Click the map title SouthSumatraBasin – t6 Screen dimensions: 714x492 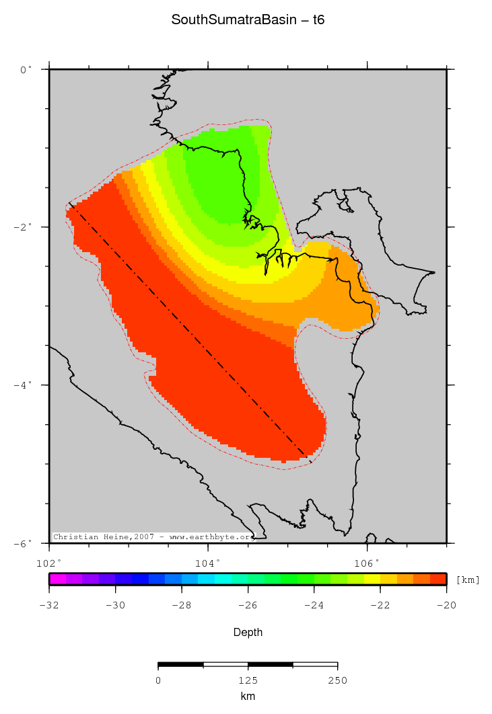pos(248,20)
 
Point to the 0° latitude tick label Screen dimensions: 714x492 pos(26,69)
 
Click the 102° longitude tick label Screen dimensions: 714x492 pos(49,561)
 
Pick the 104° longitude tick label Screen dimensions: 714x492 pos(208,561)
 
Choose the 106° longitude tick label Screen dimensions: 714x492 pos(367,561)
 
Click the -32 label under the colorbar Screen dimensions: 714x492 pos(49,605)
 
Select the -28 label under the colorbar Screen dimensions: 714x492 pos(181,605)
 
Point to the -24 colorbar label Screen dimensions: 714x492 pos(314,605)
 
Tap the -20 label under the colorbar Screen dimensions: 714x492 pos(446,605)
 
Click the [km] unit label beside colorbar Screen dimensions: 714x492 pos(468,580)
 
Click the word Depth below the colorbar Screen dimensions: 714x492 pos(248,633)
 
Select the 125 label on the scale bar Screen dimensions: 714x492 pos(248,680)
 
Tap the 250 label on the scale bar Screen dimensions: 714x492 pos(337,680)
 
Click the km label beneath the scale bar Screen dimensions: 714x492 pos(248,697)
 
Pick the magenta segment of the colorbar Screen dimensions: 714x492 pos(57,578)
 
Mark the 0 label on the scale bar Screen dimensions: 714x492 pos(158,680)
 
